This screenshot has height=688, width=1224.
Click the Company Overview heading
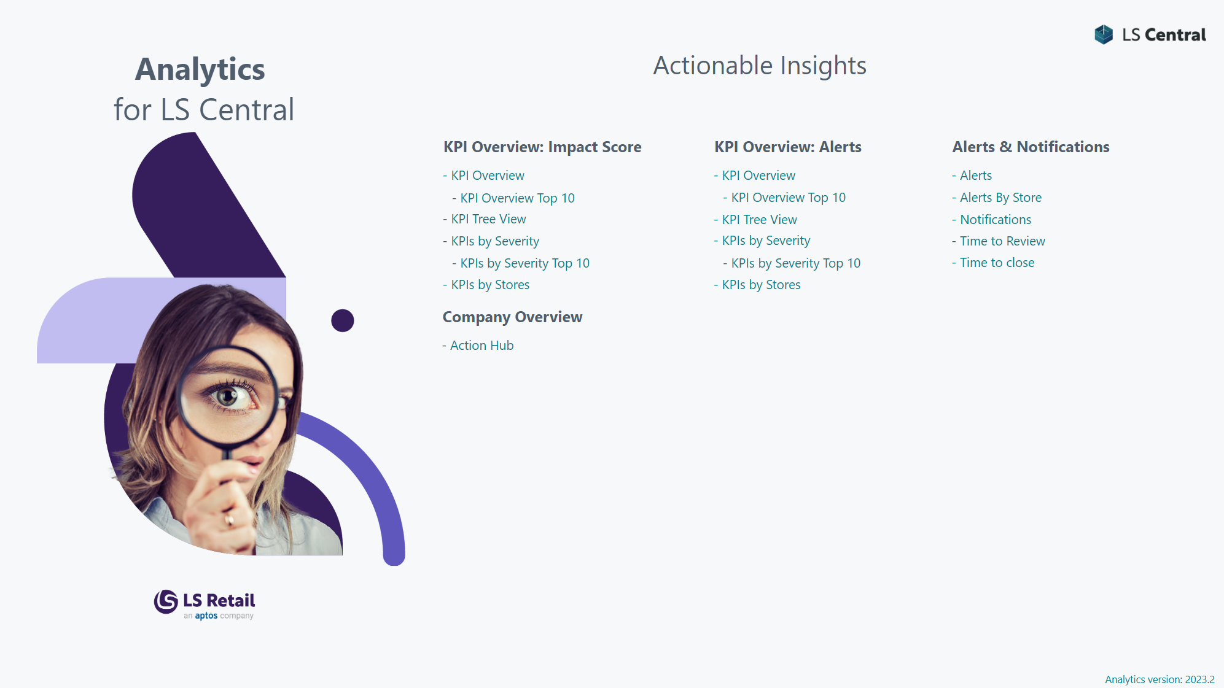click(x=512, y=317)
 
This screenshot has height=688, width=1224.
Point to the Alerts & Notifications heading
click(x=1031, y=147)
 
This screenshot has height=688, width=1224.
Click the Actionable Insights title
click(x=760, y=66)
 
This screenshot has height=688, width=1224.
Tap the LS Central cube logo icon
click(x=1104, y=34)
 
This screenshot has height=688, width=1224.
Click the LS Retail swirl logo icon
click(x=166, y=601)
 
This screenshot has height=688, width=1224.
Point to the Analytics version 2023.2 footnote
click(x=1160, y=679)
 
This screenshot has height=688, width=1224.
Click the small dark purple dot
click(x=343, y=320)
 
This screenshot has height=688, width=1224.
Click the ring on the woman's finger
click(x=230, y=520)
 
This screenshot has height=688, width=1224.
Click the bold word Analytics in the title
click(x=200, y=69)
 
